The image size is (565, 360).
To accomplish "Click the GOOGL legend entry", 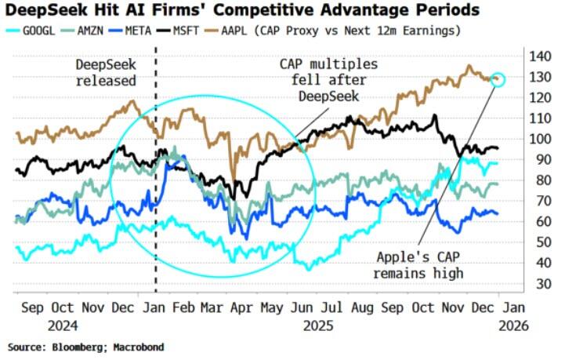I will tap(41, 30).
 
